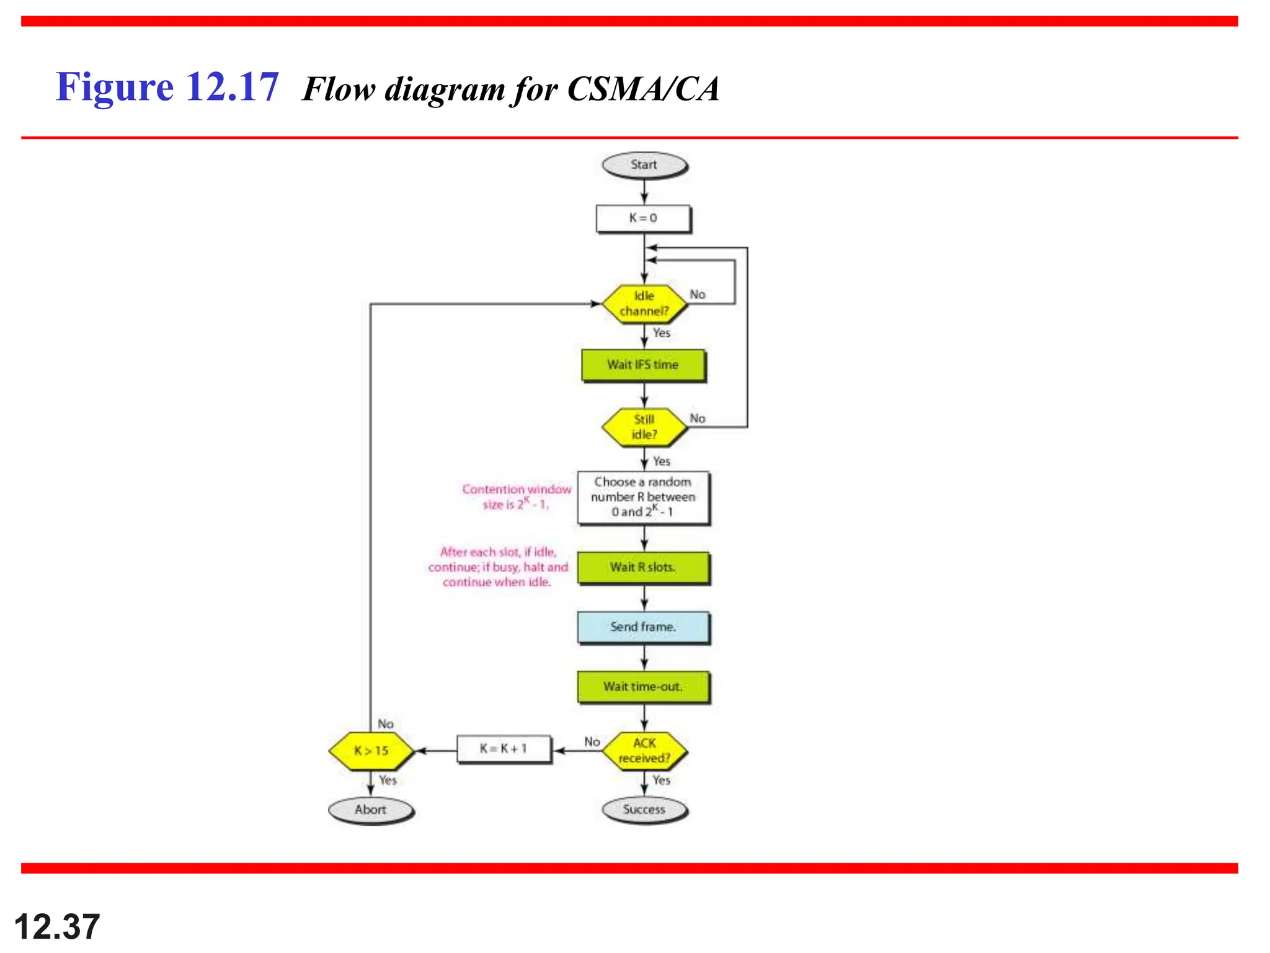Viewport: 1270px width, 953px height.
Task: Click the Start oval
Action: [x=644, y=165]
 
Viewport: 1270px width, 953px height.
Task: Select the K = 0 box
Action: [x=643, y=218]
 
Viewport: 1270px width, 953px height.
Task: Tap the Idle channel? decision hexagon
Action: [x=644, y=303]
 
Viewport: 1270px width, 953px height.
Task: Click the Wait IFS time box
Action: [x=643, y=365]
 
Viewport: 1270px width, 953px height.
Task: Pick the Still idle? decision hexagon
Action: [x=644, y=427]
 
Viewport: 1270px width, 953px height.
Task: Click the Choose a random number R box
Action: [x=643, y=497]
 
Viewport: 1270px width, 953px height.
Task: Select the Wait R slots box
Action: [x=643, y=567]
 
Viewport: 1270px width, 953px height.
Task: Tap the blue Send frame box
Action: [x=643, y=627]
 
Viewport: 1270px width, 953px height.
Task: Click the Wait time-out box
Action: [x=643, y=687]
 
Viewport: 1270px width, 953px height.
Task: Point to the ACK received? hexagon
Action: [x=644, y=751]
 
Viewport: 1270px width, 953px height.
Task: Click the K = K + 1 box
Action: [x=504, y=749]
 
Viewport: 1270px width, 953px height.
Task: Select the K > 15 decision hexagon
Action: [x=371, y=751]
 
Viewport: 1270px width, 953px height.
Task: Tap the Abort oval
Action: [x=371, y=810]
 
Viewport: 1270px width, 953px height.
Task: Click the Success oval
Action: [x=644, y=810]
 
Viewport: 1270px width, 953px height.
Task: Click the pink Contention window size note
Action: [x=516, y=496]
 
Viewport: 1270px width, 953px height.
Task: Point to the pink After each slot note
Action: [x=498, y=566]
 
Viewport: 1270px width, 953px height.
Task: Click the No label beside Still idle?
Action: [x=698, y=418]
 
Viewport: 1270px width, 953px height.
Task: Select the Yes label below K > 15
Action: [x=388, y=780]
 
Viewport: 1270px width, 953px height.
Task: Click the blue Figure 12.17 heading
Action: [x=167, y=87]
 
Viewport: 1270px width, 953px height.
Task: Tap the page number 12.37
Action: [x=57, y=927]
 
